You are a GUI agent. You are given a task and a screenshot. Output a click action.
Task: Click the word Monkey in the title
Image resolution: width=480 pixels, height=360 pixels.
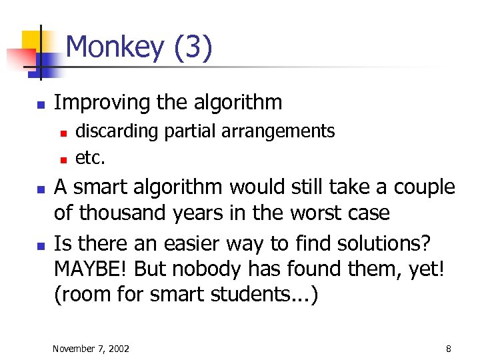point(115,48)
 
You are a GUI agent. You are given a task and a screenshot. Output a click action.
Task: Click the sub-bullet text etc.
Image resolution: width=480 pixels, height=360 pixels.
point(91,158)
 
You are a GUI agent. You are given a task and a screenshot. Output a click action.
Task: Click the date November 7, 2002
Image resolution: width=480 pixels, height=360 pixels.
point(91,349)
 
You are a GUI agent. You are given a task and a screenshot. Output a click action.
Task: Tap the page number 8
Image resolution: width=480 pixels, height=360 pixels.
point(449,349)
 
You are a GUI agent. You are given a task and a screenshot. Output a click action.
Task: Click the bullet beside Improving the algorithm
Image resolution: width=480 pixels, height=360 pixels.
point(40,105)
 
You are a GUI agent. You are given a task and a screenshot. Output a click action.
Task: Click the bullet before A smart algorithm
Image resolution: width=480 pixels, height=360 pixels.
point(40,189)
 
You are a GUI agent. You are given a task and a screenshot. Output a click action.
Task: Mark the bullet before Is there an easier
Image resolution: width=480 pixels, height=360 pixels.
point(40,244)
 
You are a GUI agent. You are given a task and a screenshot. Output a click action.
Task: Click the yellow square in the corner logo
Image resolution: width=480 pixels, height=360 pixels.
point(32,41)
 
